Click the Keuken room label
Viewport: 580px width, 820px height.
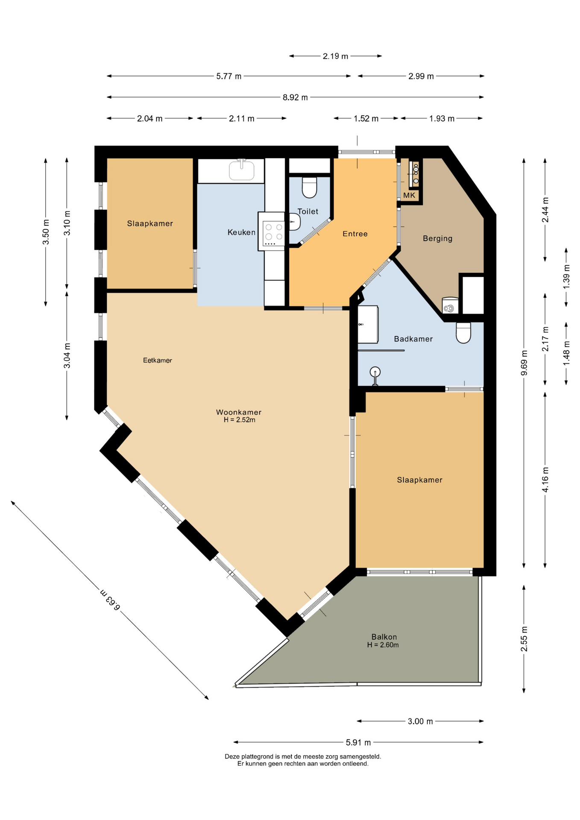[x=241, y=232]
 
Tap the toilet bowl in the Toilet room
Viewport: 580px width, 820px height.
[x=310, y=187]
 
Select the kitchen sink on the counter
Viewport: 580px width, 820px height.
[x=242, y=170]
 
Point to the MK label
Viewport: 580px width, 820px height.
[x=409, y=196]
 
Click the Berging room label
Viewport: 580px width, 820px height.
[x=437, y=238]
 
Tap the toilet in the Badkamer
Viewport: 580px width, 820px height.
[x=463, y=333]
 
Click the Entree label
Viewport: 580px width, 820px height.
[x=355, y=234]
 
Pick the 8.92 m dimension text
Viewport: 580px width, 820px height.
[x=295, y=97]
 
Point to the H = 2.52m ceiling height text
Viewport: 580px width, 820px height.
[x=239, y=420]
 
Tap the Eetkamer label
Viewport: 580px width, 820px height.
[x=158, y=360]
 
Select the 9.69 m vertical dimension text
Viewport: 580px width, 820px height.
[x=524, y=363]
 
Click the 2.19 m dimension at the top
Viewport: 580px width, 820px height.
[x=335, y=56]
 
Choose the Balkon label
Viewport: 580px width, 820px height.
[x=384, y=637]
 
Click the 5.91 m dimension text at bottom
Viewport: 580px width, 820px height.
[x=358, y=742]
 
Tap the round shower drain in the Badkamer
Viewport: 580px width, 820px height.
[x=375, y=372]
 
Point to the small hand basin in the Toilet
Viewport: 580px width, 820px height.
[x=295, y=222]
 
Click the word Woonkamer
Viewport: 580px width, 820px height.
[x=239, y=412]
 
